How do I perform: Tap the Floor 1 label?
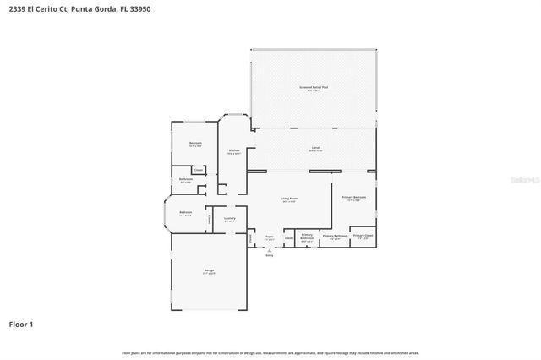(x=21, y=324)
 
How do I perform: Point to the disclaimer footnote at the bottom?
(x=270, y=352)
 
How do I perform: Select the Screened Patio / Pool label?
(x=314, y=87)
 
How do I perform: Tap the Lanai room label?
(x=314, y=148)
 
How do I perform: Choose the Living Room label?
(x=289, y=199)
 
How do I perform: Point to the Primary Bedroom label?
(x=353, y=197)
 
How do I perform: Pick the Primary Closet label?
(x=363, y=236)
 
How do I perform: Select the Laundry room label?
(x=229, y=219)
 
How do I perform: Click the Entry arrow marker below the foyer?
(x=269, y=251)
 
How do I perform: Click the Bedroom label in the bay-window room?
(x=185, y=212)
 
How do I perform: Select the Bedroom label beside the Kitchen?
(x=195, y=143)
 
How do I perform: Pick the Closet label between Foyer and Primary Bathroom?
(x=288, y=238)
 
